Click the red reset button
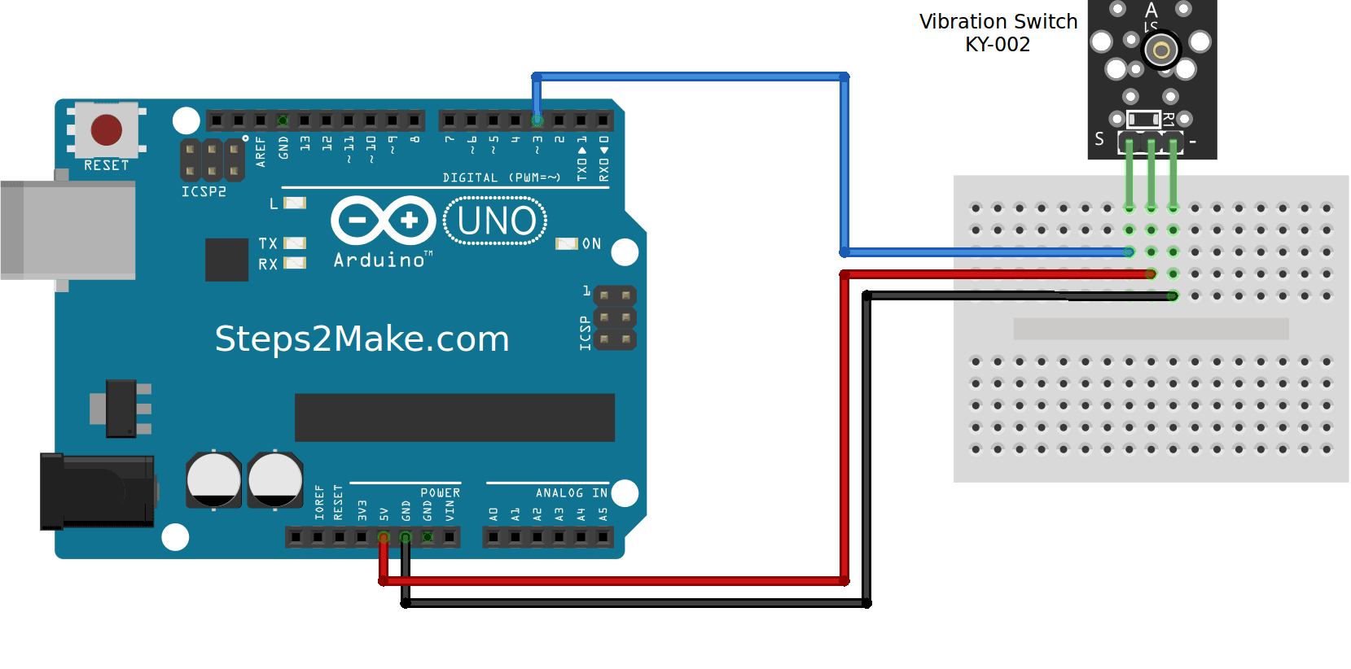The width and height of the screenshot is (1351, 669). (107, 129)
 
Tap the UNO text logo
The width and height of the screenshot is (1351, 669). (495, 221)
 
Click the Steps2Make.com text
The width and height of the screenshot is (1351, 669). (362, 339)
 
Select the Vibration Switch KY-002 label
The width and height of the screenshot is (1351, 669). (998, 33)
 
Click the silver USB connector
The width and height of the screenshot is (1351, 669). (68, 230)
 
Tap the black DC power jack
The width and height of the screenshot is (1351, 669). (97, 492)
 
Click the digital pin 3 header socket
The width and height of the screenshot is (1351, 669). (537, 120)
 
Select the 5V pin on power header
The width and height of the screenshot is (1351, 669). (384, 537)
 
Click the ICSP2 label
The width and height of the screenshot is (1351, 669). (204, 192)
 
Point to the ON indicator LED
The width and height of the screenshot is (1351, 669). (566, 243)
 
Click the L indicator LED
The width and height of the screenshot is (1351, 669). (295, 203)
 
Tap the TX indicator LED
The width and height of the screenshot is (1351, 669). (295, 243)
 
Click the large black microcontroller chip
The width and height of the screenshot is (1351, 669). (454, 418)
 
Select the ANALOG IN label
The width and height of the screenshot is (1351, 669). (571, 492)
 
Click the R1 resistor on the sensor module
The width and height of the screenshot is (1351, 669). (1143, 119)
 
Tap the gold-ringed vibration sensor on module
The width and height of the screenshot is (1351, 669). (1161, 50)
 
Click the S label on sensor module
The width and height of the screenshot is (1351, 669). (1099, 139)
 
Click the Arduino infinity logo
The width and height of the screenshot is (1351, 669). (384, 220)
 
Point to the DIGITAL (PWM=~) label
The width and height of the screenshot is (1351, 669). (501, 177)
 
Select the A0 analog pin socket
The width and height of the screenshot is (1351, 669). (493, 537)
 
